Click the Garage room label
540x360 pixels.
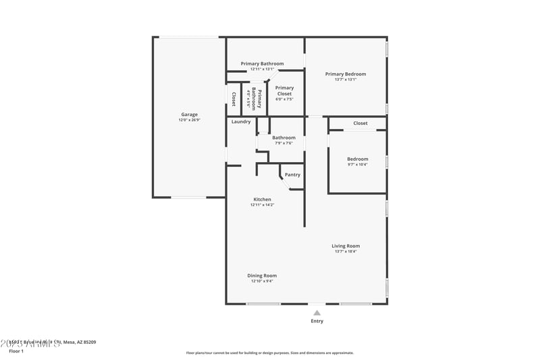(x=189, y=114)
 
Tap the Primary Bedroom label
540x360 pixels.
(x=346, y=74)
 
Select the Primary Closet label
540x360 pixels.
(x=284, y=91)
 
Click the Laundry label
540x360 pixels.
(x=241, y=122)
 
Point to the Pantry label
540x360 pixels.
(x=292, y=175)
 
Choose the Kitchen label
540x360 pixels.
(x=262, y=199)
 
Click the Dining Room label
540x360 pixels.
(x=262, y=276)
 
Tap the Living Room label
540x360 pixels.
(x=346, y=246)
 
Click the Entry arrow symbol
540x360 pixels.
(x=317, y=313)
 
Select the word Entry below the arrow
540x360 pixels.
(x=317, y=322)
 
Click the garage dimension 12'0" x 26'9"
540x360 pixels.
(x=189, y=120)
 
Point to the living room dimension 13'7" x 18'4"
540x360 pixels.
(x=346, y=251)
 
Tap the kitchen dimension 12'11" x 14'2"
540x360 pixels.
(x=262, y=205)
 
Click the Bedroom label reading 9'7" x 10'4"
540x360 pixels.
(x=358, y=164)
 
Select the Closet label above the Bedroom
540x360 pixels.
(x=360, y=124)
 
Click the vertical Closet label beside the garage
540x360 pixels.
(x=234, y=99)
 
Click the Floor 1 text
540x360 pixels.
(x=16, y=351)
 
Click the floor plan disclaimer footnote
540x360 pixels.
(x=269, y=353)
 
